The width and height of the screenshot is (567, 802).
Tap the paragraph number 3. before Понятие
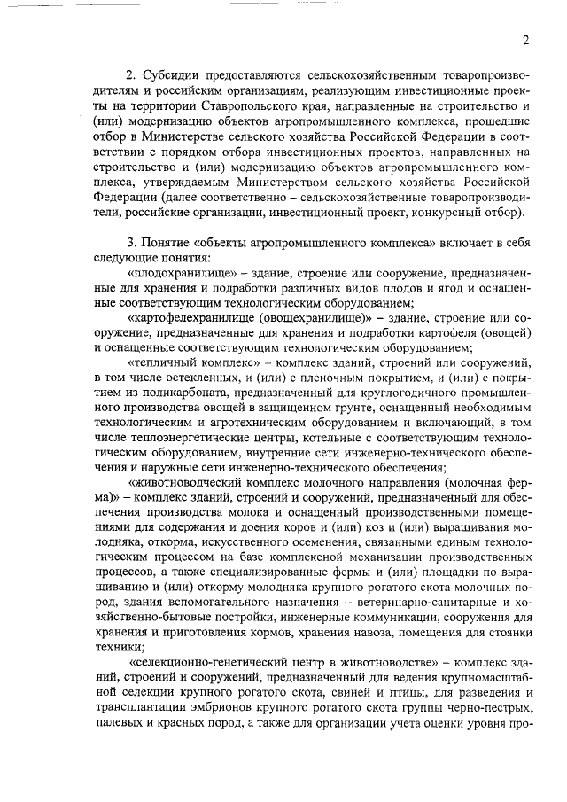pos(133,242)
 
